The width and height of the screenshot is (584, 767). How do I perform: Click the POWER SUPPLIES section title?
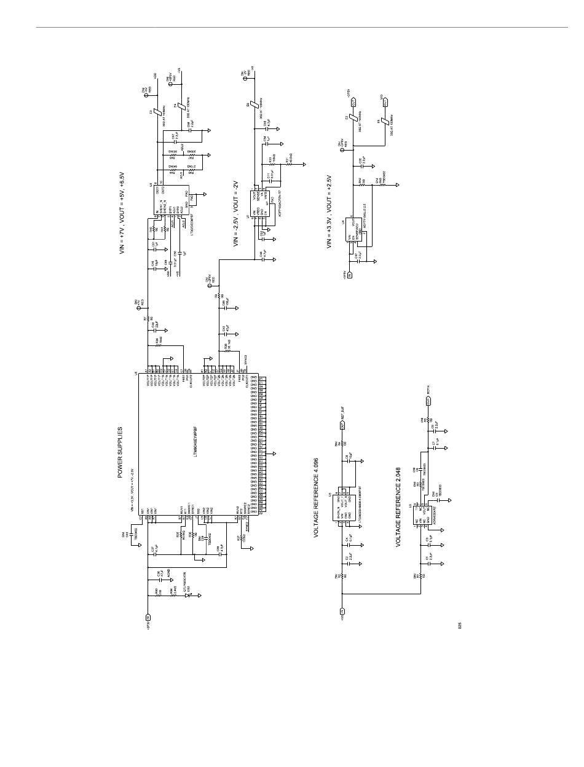pyautogui.click(x=120, y=452)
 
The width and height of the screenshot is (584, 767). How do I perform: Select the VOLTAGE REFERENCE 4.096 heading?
pyautogui.click(x=316, y=497)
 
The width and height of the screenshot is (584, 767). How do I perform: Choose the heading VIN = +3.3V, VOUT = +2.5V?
pyautogui.click(x=329, y=211)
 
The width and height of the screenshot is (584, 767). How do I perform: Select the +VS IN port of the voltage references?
pyautogui.click(x=342, y=611)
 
